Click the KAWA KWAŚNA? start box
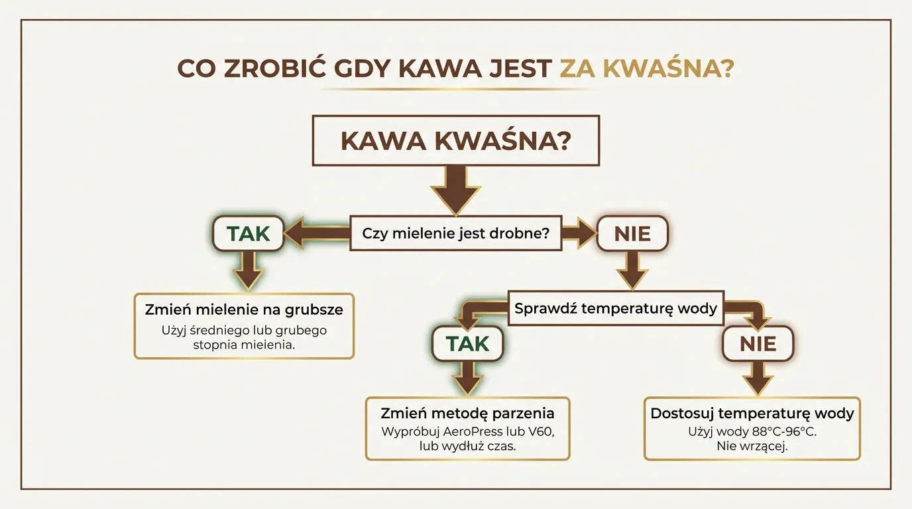point(455,141)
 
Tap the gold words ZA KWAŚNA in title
point(646,69)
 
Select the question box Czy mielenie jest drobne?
point(455,233)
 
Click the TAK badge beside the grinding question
point(249,233)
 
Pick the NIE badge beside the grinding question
point(632,233)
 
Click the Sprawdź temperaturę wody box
point(616,308)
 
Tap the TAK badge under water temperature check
point(467,343)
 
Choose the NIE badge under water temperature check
point(758,343)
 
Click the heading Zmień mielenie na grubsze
point(244,310)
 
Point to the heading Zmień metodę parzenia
point(467,413)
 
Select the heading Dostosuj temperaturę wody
point(752,413)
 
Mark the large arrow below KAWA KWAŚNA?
point(455,189)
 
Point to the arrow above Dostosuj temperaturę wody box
point(758,378)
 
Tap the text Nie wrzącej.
point(752,447)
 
